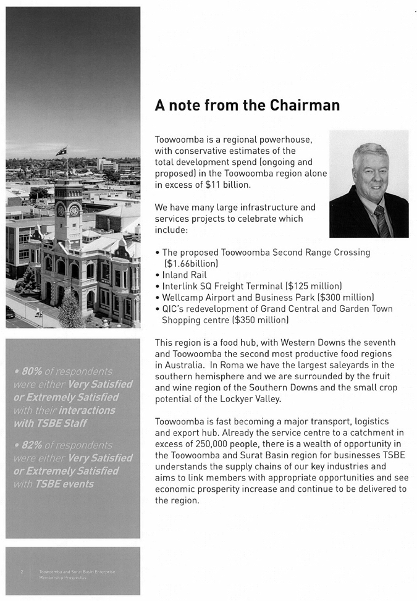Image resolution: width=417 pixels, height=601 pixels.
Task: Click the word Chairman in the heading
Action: pyautogui.click(x=305, y=105)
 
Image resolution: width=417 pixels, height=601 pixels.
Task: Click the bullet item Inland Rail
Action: pyautogui.click(x=184, y=275)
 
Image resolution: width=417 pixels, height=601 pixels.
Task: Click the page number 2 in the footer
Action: pyautogui.click(x=21, y=572)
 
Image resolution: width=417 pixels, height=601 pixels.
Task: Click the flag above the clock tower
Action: pyautogui.click(x=61, y=151)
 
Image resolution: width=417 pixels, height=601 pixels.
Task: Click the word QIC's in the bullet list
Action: pyautogui.click(x=175, y=309)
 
